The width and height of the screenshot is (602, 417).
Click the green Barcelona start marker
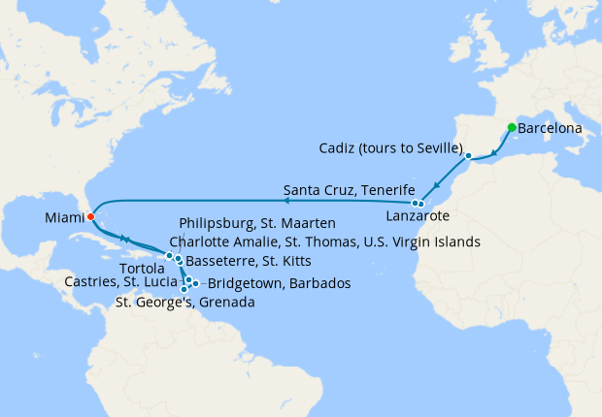click(x=512, y=127)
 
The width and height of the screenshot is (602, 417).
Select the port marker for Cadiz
click(x=468, y=155)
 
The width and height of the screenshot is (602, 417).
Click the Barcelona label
click(x=551, y=128)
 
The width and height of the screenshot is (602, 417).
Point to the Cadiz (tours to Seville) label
click(x=389, y=147)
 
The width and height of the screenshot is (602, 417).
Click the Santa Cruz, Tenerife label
click(x=350, y=188)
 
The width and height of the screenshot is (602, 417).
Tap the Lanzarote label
click(x=418, y=219)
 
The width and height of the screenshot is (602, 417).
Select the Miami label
click(x=63, y=220)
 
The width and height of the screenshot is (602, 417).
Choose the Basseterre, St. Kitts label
click(x=242, y=261)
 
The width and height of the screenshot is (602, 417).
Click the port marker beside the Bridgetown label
click(x=195, y=283)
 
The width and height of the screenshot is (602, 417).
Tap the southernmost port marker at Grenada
click(x=184, y=289)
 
